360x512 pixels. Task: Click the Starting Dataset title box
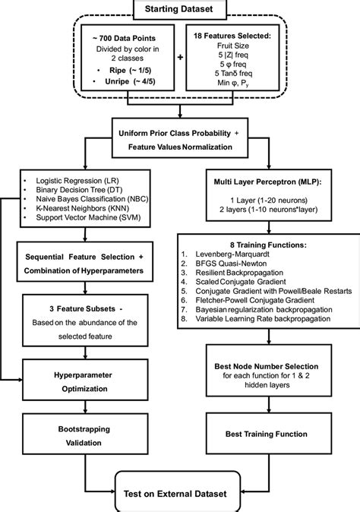click(x=181, y=8)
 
